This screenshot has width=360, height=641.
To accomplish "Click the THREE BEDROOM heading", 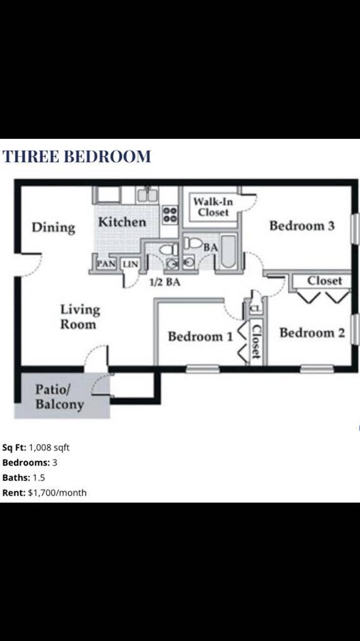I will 76,156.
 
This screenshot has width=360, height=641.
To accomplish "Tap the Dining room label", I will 53,227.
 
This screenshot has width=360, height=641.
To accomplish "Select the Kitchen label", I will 122,222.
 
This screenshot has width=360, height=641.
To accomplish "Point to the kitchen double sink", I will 148,195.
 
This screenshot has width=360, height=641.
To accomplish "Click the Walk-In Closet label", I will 213,207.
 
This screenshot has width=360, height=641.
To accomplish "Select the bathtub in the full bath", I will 228,254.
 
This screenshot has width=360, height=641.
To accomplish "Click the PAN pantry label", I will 105,264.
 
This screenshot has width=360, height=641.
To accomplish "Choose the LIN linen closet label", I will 130,264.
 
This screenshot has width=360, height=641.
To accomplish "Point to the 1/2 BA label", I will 165,282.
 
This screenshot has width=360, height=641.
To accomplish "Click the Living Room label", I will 80,317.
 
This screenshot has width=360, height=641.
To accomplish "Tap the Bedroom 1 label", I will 200,337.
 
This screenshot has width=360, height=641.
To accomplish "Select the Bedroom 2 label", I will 312,332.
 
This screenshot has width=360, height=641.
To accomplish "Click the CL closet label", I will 255,309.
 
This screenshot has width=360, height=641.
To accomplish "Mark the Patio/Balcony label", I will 59,397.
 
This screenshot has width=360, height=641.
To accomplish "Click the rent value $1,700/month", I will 58,493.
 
